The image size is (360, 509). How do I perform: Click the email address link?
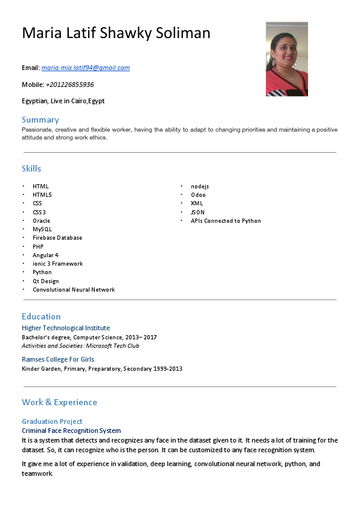click(x=85, y=68)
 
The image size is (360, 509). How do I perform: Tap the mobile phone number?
click(x=69, y=85)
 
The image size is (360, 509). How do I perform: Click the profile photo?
click(x=287, y=59)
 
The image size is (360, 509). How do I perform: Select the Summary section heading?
click(x=40, y=120)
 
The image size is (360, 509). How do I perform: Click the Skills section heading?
click(x=31, y=168)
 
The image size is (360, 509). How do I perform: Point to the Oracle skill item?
click(x=42, y=221)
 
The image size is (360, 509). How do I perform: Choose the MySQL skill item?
click(x=42, y=229)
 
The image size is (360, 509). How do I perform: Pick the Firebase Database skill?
click(x=57, y=238)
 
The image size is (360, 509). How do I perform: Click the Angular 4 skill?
click(x=46, y=255)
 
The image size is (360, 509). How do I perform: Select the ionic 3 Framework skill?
click(x=58, y=264)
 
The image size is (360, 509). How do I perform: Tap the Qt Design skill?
click(x=46, y=281)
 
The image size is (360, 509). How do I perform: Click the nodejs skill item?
click(x=200, y=187)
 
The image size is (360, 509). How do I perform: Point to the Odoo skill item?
click(x=198, y=195)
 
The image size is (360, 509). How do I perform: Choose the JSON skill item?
click(x=198, y=213)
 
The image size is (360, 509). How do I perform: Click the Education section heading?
click(x=41, y=316)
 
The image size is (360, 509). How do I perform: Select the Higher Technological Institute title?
click(x=66, y=328)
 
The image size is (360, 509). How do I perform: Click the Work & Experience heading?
click(x=59, y=402)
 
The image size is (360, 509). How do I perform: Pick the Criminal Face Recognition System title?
click(x=71, y=431)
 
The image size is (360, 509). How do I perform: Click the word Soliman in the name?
click(x=184, y=33)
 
